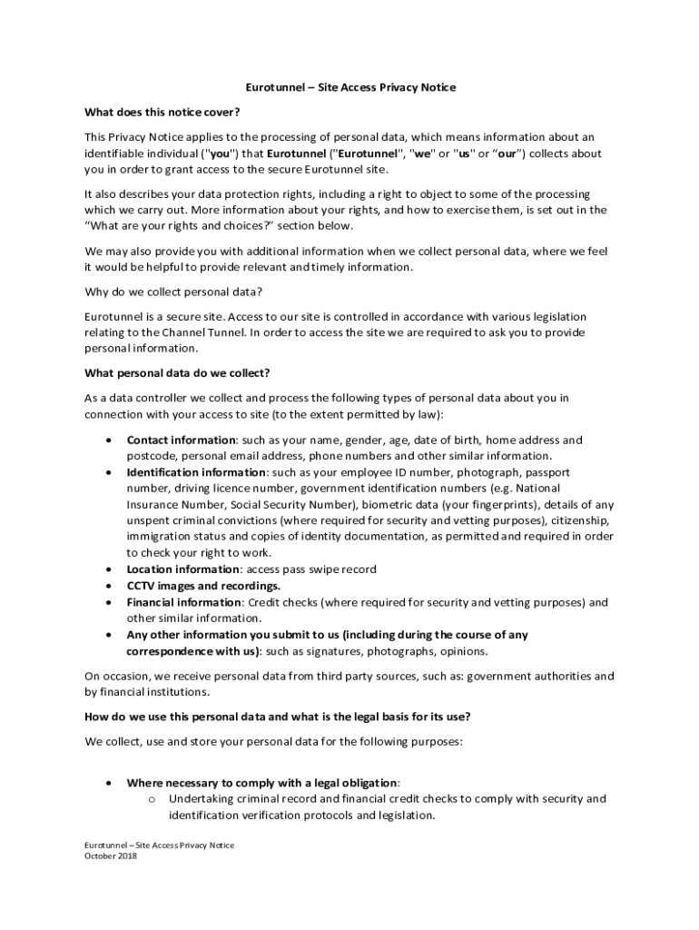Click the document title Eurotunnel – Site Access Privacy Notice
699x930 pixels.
(350, 88)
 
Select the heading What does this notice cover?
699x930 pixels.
(162, 113)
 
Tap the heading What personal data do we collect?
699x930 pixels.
(177, 372)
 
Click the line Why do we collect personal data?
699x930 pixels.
(173, 292)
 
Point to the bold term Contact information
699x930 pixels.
(181, 440)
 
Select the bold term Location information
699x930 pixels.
(182, 569)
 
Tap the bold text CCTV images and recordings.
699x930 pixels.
(203, 586)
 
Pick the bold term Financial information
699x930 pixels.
(184, 602)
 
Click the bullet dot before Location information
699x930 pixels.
(109, 569)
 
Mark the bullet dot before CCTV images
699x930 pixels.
(109, 586)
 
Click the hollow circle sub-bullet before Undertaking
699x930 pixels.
(153, 799)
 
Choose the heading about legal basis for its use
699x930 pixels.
(277, 716)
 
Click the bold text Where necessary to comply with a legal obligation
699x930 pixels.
(261, 783)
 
